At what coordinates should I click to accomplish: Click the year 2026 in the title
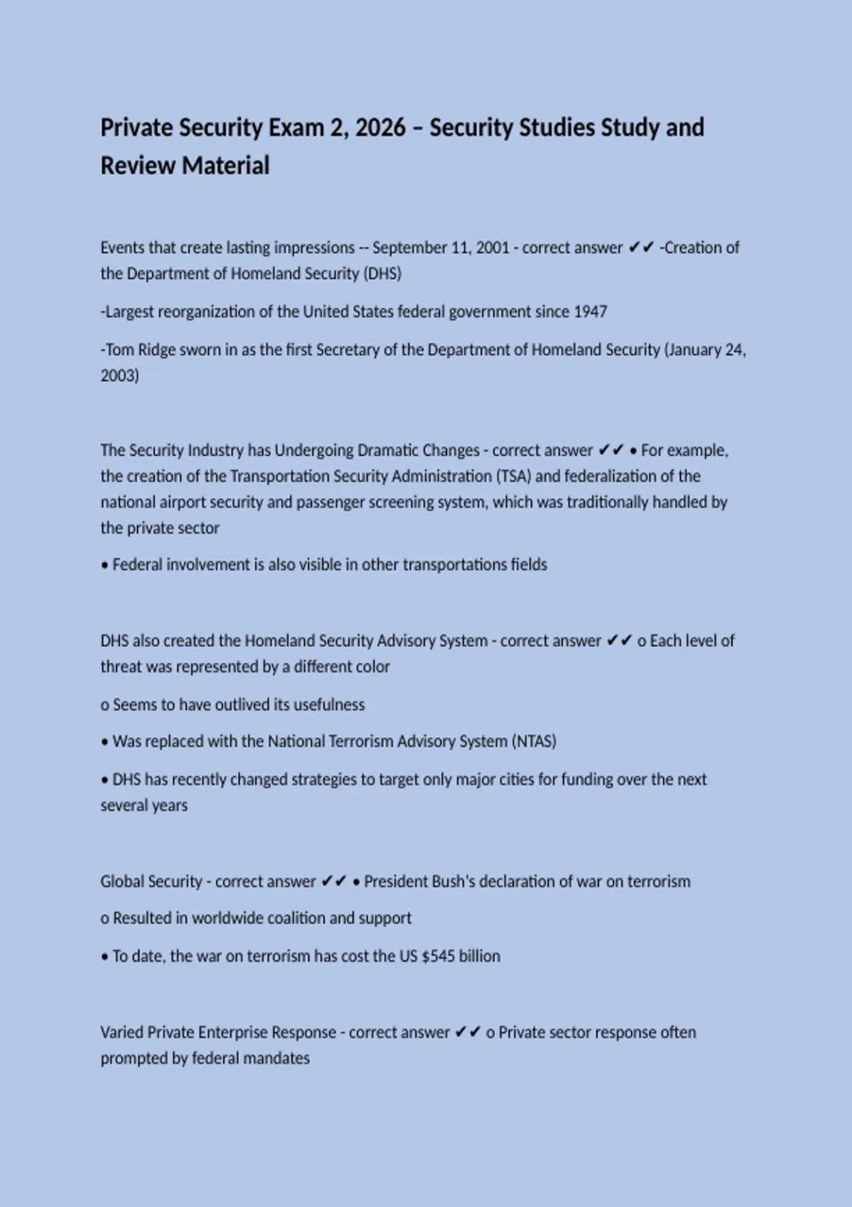coord(380,128)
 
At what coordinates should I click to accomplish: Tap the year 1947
coord(590,312)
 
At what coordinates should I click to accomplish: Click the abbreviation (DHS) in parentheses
coord(383,274)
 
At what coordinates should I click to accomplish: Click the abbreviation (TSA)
coord(513,476)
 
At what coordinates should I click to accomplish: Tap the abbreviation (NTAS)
coord(533,742)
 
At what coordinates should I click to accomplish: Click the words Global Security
coord(151,882)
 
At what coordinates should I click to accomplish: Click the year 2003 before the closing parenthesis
coord(117,376)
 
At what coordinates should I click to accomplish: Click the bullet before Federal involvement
coord(104,566)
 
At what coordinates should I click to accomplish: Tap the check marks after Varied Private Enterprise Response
coord(467,1032)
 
